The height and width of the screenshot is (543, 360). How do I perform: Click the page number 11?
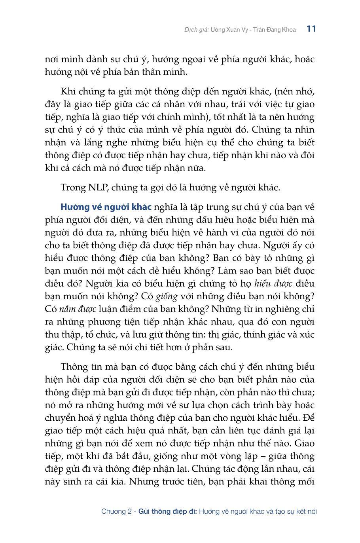(x=311, y=29)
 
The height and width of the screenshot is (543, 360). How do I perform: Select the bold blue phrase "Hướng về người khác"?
(x=106, y=207)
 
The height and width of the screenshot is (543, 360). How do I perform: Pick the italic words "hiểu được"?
(x=273, y=283)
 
